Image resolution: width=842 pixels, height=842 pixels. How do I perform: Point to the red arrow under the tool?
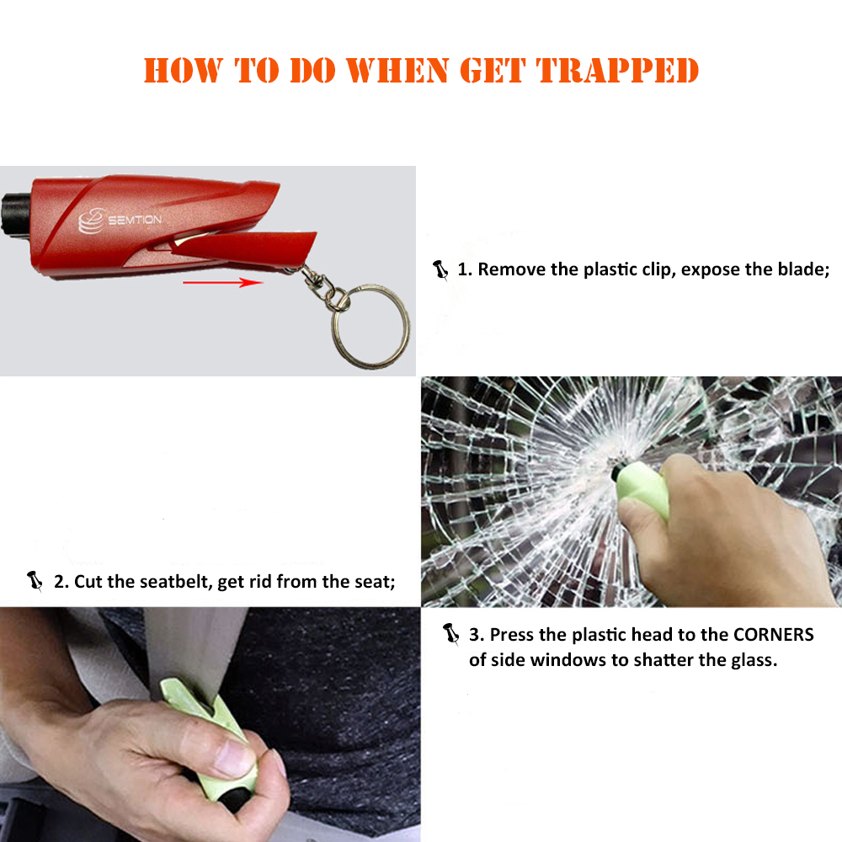tap(223, 283)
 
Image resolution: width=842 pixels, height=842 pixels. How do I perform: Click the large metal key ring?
tap(370, 324)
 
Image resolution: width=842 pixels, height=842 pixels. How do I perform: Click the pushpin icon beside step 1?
tap(440, 270)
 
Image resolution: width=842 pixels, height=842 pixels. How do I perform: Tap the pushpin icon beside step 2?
tap(35, 581)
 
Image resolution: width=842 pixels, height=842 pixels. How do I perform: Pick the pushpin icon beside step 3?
tap(451, 634)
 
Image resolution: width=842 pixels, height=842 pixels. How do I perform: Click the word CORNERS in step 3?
tap(765, 634)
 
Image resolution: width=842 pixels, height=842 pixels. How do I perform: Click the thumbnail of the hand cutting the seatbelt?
tap(210, 724)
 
